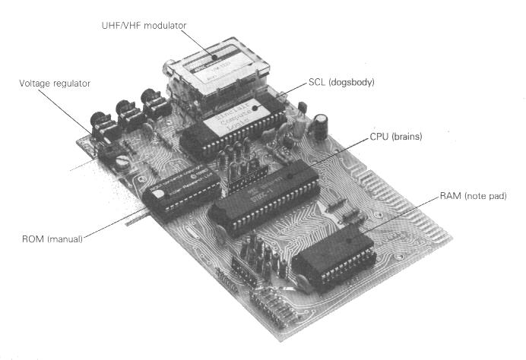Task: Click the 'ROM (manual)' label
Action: tap(51, 240)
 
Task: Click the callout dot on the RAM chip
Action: tap(349, 238)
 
